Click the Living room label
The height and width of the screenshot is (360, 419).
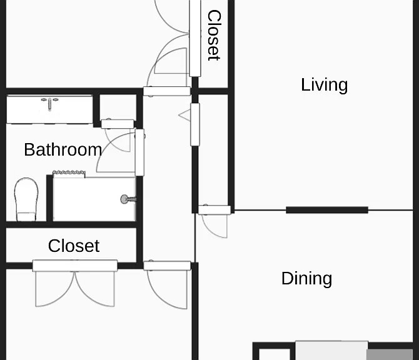325,85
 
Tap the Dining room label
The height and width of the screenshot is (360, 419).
307,279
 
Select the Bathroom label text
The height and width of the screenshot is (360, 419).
63,149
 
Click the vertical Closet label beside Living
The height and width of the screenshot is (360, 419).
214,35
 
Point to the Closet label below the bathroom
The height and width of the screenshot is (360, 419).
74,246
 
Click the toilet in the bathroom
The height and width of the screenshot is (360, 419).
26,199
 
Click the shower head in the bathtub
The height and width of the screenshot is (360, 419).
128,199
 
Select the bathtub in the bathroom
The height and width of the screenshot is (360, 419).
94,199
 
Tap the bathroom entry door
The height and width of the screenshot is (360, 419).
120,152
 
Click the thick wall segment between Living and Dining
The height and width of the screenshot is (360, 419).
327,210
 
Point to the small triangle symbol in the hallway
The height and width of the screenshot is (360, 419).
184,116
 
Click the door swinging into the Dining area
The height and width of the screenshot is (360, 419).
214,221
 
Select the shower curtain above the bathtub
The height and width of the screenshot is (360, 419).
69,173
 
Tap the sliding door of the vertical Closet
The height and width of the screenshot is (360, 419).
194,38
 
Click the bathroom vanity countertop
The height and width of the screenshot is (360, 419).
49,109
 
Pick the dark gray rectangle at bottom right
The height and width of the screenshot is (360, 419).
390,354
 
